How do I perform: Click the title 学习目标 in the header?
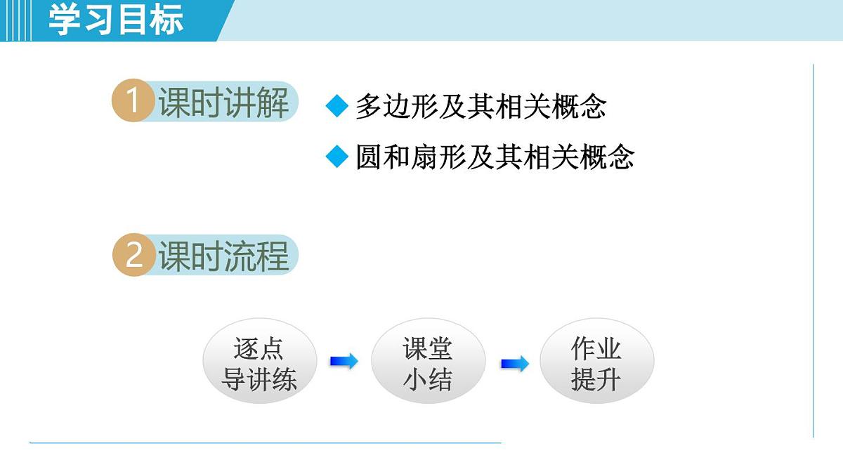pos(116,20)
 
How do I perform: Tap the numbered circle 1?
pos(132,102)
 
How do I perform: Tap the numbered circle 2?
pos(133,255)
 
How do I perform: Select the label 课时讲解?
pos(223,103)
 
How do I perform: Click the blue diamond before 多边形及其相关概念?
pos(337,107)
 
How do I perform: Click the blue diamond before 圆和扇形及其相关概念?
pos(337,157)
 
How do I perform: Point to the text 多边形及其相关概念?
pos(481,107)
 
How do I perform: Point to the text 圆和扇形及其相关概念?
pos(495,157)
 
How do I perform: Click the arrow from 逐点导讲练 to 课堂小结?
pos(344,362)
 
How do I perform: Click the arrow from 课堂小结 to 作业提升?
pos(514,364)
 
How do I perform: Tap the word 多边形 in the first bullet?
pos(397,107)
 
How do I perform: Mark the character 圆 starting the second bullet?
pos(369,157)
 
